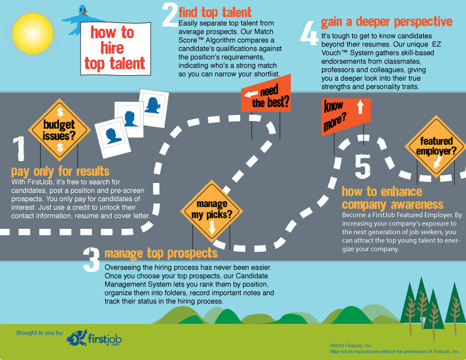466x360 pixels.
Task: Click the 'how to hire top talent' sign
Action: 112,47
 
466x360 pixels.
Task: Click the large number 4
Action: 308,34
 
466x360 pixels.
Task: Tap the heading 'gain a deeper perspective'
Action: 387,22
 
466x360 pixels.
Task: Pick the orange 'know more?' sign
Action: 345,114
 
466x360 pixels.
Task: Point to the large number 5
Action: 363,166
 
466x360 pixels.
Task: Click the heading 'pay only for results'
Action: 60,171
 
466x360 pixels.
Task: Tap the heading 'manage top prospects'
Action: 161,254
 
